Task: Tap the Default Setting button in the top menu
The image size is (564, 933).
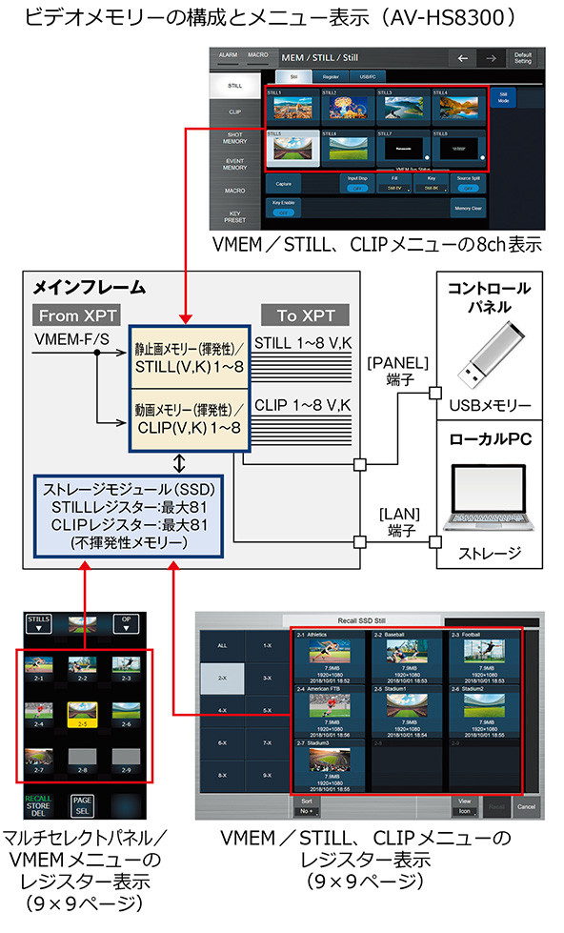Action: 521,58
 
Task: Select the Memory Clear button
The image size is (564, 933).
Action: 467,207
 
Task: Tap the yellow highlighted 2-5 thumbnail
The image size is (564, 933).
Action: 85,710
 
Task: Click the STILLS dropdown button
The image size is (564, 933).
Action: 41,622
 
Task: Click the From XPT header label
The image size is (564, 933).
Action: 72,315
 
